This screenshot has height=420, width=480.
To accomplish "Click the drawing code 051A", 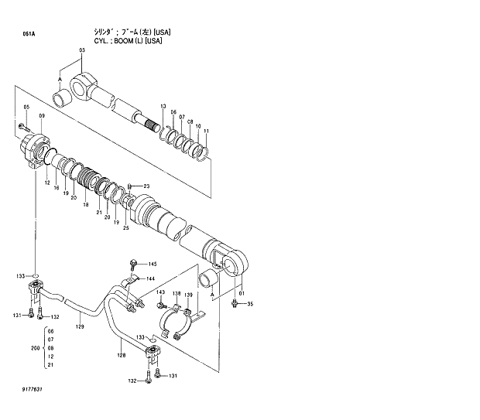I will [x=29, y=35].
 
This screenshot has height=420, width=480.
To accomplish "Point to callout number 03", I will [x=80, y=50].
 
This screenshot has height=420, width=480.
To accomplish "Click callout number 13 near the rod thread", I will [x=163, y=105].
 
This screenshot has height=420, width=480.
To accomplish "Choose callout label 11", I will [x=206, y=131].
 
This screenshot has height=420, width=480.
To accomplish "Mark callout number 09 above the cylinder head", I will [x=42, y=116].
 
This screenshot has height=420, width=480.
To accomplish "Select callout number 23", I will [x=146, y=186].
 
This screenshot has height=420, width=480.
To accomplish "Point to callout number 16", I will [x=57, y=188].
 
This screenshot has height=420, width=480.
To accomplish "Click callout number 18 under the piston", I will [x=85, y=204].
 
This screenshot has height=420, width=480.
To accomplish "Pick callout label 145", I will [x=153, y=265].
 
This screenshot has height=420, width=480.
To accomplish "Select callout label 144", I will [x=150, y=278].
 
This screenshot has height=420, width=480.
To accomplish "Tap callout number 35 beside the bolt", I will [x=250, y=304].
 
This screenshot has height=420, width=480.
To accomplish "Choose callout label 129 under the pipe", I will [x=79, y=327].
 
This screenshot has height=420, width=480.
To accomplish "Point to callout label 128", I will [x=121, y=355].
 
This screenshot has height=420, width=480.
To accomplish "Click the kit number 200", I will [x=35, y=349].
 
